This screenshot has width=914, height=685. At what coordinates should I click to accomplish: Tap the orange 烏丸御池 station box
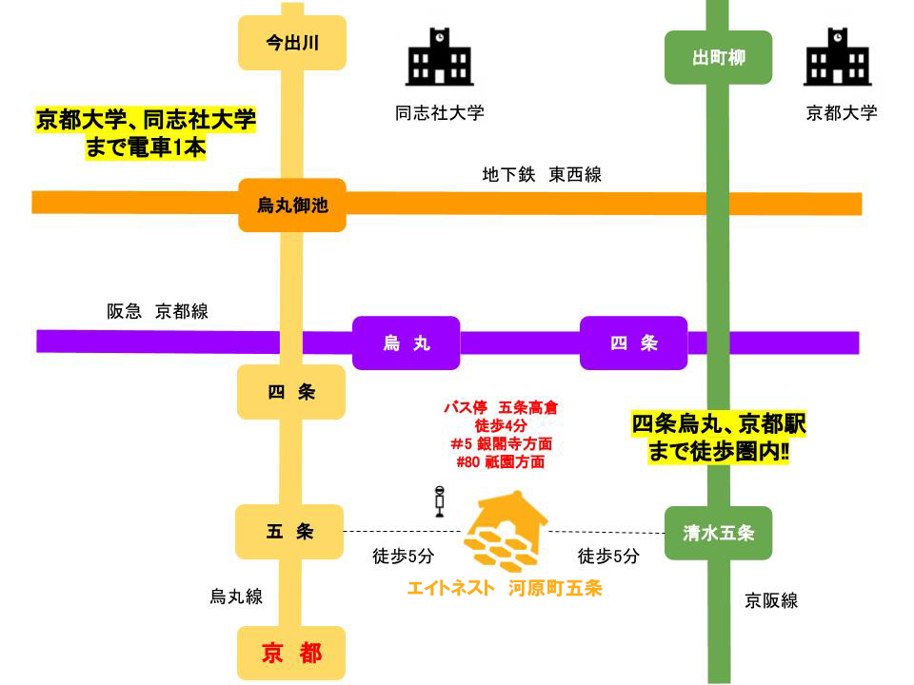click(x=291, y=205)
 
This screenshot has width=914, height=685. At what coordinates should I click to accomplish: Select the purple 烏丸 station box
click(x=406, y=342)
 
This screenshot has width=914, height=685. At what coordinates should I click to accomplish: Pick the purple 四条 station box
click(x=634, y=342)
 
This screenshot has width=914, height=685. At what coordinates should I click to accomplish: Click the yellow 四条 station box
click(x=290, y=392)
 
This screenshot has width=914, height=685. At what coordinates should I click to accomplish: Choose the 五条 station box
click(x=289, y=532)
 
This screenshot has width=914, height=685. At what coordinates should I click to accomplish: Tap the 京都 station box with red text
click(x=291, y=654)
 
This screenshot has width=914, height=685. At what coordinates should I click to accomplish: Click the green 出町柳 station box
click(x=718, y=58)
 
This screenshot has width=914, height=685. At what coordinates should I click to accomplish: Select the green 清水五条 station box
click(x=718, y=533)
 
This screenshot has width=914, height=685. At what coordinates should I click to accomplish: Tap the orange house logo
click(x=505, y=535)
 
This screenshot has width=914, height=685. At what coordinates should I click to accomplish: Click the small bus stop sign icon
click(x=440, y=500)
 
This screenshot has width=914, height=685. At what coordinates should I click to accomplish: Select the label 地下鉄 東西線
click(x=542, y=175)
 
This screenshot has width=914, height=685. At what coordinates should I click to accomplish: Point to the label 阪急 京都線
click(x=157, y=311)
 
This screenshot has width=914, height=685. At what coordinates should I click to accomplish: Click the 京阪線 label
click(x=771, y=600)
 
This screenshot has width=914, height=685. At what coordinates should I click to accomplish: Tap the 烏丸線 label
click(x=236, y=597)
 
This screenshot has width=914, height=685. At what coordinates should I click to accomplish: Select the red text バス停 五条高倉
click(x=500, y=407)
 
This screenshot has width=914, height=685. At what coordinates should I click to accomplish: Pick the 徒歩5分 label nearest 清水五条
click(x=608, y=557)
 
